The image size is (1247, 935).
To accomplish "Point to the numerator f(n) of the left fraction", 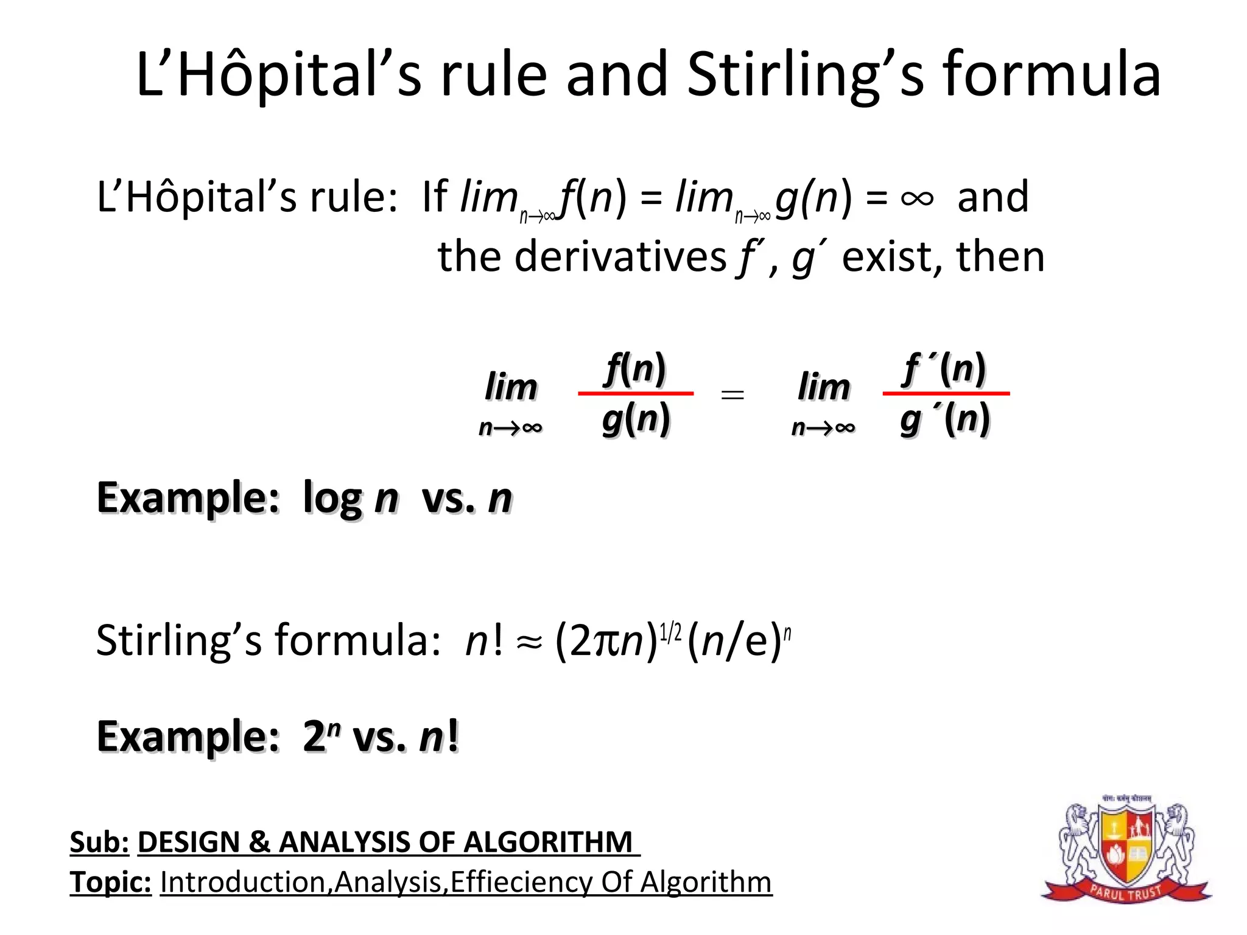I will tap(635, 368).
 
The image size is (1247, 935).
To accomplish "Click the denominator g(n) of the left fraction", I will tap(636, 419).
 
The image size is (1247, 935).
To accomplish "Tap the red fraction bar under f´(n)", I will tap(946, 394).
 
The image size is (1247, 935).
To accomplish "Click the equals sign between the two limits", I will tap(732, 395).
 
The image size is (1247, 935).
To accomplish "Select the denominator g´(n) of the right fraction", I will tap(945, 419).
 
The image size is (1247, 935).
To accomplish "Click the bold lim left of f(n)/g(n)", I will tap(511, 387).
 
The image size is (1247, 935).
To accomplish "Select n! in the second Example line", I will tap(438, 736).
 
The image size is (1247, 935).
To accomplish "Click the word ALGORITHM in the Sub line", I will tap(548, 842).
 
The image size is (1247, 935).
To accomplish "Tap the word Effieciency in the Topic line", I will tap(521, 882).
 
